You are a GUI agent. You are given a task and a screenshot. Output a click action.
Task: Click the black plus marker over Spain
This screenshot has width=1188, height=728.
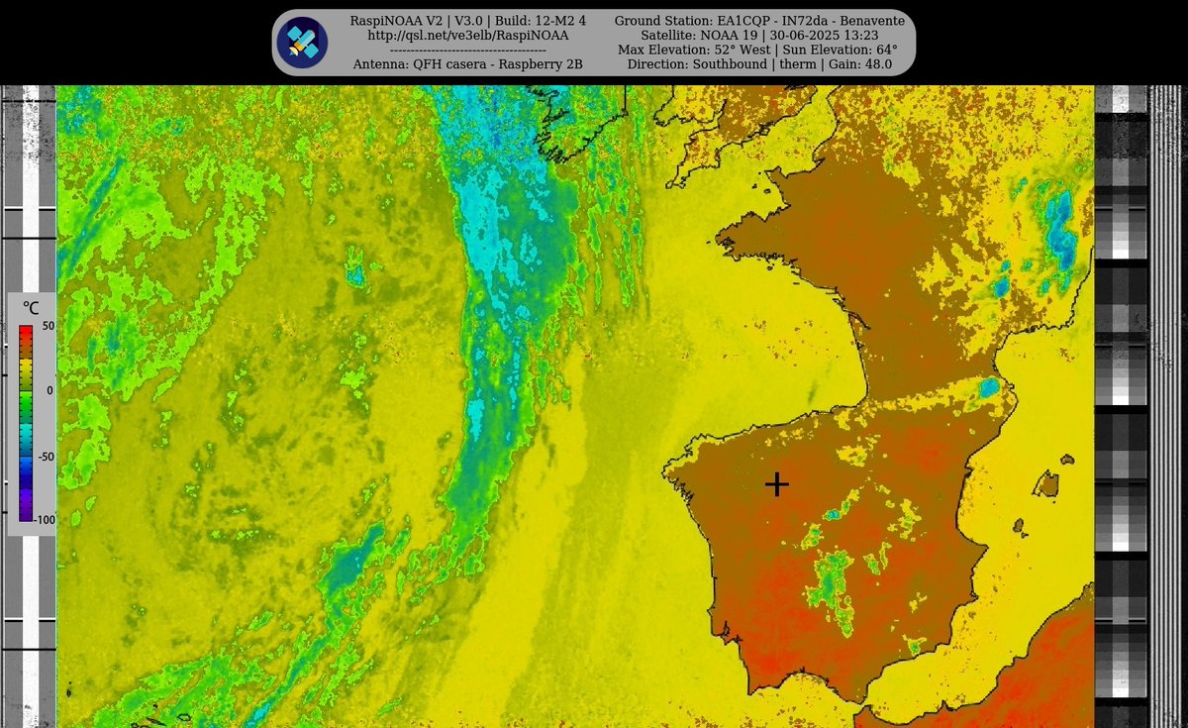pos(777,483)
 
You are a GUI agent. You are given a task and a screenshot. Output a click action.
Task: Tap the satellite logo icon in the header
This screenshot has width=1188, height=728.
pos(302,43)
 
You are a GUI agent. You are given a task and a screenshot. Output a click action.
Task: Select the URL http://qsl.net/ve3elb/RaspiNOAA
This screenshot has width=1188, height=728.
pos(468,36)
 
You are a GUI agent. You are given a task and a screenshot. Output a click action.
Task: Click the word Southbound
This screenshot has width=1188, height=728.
pos(734,64)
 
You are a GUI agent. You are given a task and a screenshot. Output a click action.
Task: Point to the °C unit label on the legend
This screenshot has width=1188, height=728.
pos(31,309)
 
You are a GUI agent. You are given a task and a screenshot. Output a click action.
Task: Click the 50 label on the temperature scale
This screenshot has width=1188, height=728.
pos(48,326)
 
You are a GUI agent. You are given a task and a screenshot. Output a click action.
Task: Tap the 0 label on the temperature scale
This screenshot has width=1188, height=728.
pos(49,390)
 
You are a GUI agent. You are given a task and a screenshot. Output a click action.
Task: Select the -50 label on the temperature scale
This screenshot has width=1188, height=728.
pos(46,458)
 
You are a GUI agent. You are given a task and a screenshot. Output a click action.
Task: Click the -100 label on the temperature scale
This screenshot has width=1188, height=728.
pos(46,519)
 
